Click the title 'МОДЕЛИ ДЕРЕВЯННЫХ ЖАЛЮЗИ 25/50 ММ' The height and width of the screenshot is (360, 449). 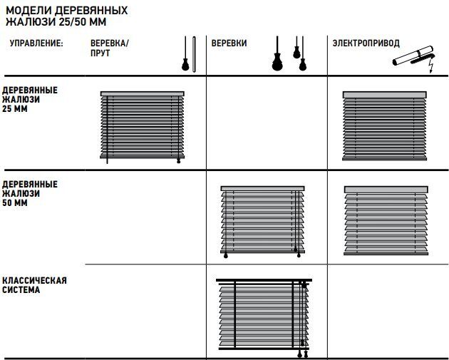pyautogui.click(x=67, y=16)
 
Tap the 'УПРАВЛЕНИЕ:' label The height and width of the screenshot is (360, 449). pyautogui.click(x=36, y=43)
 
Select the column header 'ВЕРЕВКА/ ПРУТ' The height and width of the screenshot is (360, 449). pyautogui.click(x=110, y=48)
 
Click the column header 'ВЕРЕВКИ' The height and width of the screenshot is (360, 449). pyautogui.click(x=229, y=43)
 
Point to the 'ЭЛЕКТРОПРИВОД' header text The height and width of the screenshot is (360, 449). pyautogui.click(x=366, y=43)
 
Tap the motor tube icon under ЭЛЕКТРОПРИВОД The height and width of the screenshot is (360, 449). pyautogui.click(x=413, y=56)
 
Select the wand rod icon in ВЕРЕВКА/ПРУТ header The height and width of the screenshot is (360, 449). pyautogui.click(x=194, y=54)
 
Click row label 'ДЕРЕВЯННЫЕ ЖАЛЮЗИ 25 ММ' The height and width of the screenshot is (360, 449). pyautogui.click(x=30, y=99)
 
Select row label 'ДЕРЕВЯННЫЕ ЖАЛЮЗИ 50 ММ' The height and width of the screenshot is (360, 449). pyautogui.click(x=30, y=193)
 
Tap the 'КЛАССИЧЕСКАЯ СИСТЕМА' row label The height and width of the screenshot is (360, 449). pyautogui.click(x=34, y=285)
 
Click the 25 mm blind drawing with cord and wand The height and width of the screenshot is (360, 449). pyautogui.click(x=143, y=127)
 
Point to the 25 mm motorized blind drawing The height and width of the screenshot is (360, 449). pyautogui.click(x=385, y=125)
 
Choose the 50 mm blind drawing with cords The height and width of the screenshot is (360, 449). pyautogui.click(x=262, y=222)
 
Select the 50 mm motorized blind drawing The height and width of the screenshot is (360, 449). pyautogui.click(x=386, y=220)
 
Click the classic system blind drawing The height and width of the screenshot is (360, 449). pyautogui.click(x=264, y=318)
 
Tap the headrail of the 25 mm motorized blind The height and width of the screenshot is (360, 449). pyautogui.click(x=385, y=95)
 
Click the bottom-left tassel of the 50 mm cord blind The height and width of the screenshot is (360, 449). pyautogui.click(x=226, y=255)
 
